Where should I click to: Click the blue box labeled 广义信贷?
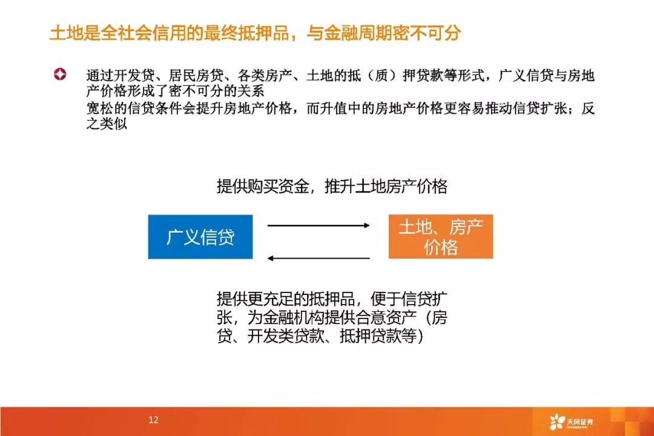tap(200, 237)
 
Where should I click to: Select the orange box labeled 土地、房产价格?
tap(440, 237)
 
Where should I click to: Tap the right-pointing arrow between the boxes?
tap(319, 226)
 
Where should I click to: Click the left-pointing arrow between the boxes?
tap(319, 258)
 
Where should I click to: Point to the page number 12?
tap(153, 420)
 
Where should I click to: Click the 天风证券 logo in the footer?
tap(571, 422)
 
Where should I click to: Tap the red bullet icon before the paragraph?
tap(60, 74)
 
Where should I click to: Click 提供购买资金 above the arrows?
tap(263, 186)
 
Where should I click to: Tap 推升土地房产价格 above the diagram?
tap(386, 186)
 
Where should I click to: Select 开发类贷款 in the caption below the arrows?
tap(286, 335)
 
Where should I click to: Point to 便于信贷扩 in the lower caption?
tap(409, 299)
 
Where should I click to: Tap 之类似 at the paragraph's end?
tap(107, 124)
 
